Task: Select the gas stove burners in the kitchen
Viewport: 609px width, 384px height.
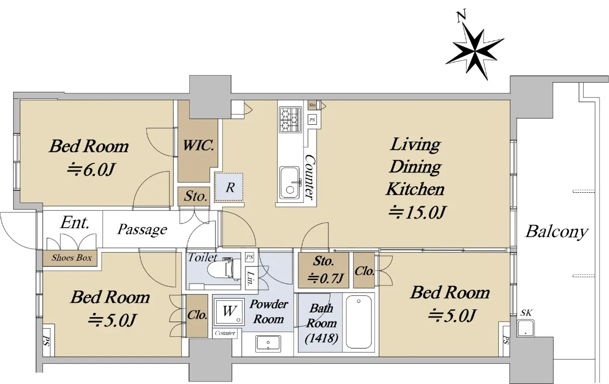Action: pyautogui.click(x=290, y=120)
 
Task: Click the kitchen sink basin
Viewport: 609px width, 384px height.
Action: pyautogui.click(x=290, y=182)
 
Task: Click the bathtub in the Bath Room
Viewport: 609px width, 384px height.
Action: pyautogui.click(x=359, y=322)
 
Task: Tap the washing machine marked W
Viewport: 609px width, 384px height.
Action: pyautogui.click(x=229, y=311)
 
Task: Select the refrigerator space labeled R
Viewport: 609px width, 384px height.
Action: pyautogui.click(x=229, y=187)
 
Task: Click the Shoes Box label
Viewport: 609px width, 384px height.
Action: pyautogui.click(x=72, y=258)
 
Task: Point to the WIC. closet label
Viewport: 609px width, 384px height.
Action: pyautogui.click(x=198, y=146)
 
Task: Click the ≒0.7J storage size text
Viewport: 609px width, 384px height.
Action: pyautogui.click(x=325, y=278)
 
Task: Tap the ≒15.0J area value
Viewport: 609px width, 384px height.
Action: pyautogui.click(x=417, y=213)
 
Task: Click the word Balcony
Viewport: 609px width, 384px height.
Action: pyautogui.click(x=557, y=232)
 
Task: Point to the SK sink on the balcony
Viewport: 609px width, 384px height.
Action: pyautogui.click(x=525, y=328)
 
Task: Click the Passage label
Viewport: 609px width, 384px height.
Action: pyautogui.click(x=142, y=230)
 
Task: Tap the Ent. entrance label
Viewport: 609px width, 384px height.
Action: pyautogui.click(x=75, y=222)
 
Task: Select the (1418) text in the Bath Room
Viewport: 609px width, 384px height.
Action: pyautogui.click(x=321, y=338)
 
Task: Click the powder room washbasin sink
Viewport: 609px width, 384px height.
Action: pyautogui.click(x=268, y=343)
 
